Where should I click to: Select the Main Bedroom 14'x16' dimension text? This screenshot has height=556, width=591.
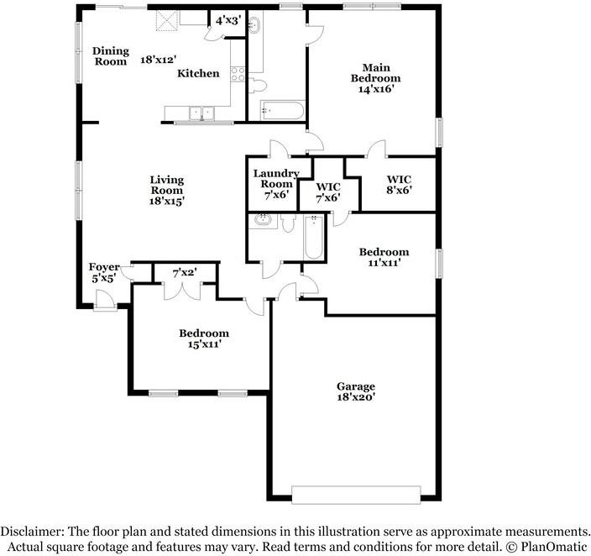376,89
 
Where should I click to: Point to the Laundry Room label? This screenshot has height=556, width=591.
276,179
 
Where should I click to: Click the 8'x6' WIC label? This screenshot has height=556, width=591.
399,185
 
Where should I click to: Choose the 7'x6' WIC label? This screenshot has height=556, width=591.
328,192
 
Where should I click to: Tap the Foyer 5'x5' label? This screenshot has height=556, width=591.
104,273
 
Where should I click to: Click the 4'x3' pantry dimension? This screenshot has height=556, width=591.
228,20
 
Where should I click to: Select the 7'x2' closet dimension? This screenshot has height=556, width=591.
185,272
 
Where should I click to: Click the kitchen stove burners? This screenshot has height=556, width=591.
238,74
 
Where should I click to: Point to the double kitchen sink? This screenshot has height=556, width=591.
201,113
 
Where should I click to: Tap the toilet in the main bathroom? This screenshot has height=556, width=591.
258,86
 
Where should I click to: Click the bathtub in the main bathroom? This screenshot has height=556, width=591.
282,110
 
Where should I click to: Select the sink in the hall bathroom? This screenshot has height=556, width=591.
263,220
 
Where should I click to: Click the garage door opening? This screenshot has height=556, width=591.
356,495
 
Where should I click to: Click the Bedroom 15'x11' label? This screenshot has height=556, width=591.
204,338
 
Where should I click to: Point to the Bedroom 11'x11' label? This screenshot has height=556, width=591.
384,257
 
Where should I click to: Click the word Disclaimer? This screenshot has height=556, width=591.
33,532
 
